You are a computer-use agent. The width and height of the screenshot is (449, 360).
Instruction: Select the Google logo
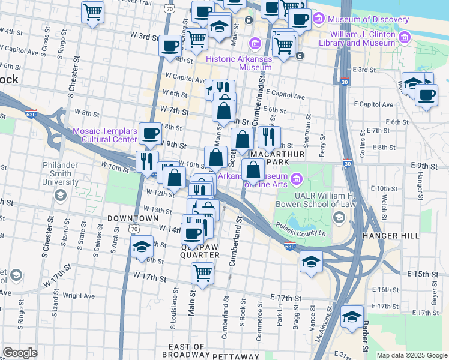[x=20, y=353]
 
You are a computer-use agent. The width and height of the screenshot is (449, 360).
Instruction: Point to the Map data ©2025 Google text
[x=411, y=355]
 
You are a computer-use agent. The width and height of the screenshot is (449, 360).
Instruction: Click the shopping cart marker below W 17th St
[x=203, y=273]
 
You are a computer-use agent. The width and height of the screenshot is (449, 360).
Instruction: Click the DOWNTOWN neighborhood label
[x=133, y=218]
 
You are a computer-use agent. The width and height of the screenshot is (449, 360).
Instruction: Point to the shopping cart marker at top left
[x=92, y=11]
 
